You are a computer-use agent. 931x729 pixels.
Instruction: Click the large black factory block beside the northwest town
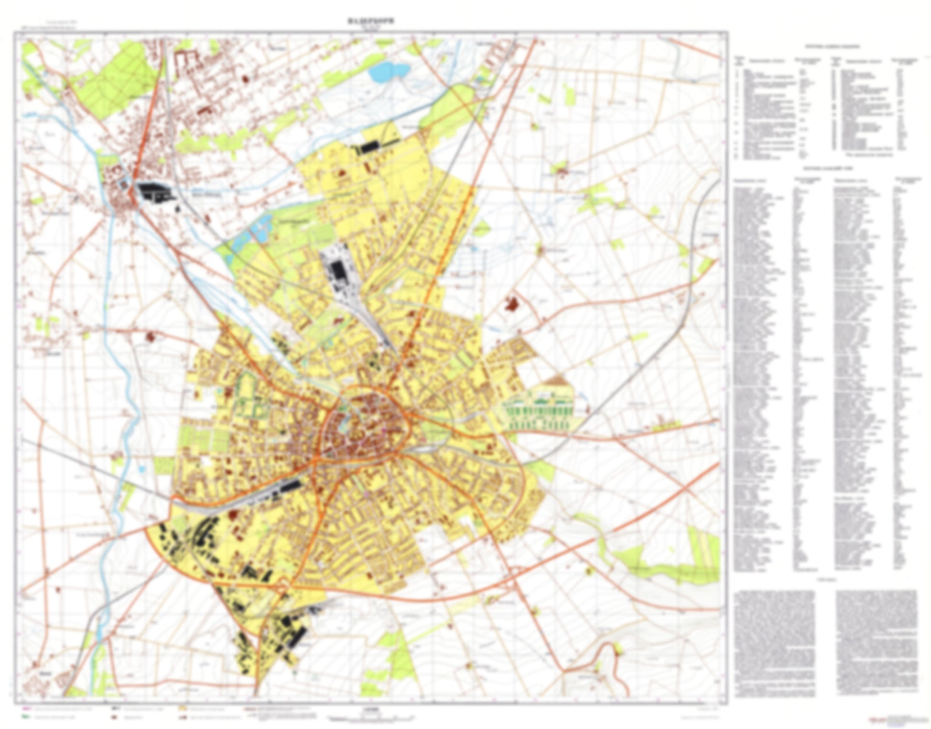pyautogui.click(x=152, y=191)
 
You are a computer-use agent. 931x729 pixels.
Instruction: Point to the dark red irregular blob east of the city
pyautogui.click(x=512, y=303)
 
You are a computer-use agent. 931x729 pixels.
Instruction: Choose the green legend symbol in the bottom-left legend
pyautogui.click(x=26, y=717)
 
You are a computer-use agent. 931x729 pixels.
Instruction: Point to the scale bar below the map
pyautogui.click(x=371, y=718)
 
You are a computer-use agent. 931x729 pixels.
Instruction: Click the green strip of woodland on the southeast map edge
pyautogui.click(x=670, y=570)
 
